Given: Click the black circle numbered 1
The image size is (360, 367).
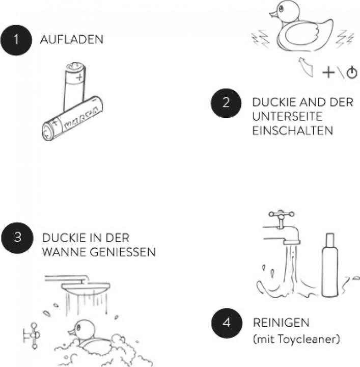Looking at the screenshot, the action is point(16,40).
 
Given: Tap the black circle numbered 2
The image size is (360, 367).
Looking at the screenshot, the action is point(226,103).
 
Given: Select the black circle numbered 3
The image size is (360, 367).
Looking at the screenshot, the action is point(17,238).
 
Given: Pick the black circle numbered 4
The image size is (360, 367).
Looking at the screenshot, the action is point(227,323).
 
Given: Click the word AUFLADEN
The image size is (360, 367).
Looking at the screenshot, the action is point(72,39).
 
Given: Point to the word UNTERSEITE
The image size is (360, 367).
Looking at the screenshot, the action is point(287,117).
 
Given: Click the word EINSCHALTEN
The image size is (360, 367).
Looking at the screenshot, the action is point(293,130).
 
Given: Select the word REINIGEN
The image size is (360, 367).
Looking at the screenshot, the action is point(281,323).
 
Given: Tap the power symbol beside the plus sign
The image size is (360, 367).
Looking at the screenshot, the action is point(352,72).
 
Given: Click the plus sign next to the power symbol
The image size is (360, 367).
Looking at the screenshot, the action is point(328,72).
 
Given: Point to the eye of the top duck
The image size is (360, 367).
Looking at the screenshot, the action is point(281,9).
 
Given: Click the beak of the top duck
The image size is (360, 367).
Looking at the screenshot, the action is point(273,14).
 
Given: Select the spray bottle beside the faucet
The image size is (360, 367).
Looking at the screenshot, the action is point(329,265).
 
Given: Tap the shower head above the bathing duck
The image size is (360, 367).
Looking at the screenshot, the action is point(86,286).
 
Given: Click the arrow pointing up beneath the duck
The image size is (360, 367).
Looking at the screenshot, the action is point(306,67).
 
